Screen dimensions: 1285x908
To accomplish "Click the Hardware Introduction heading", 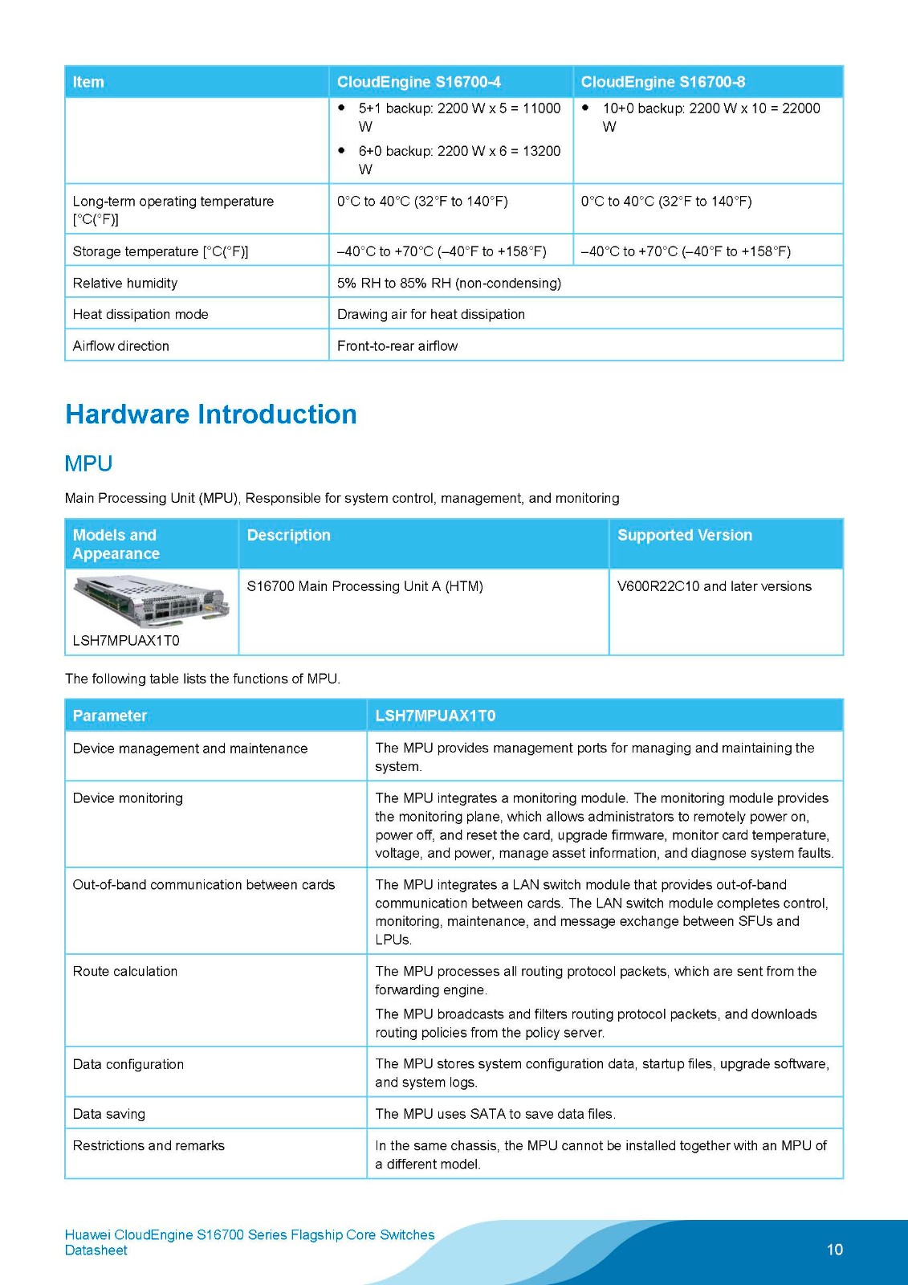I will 211,414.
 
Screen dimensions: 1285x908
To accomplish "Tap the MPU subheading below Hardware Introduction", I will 88,463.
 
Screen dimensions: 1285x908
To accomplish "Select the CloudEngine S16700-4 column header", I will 419,82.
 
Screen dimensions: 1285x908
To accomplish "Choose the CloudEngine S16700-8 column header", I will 663,82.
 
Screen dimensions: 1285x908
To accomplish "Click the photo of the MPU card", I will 151,601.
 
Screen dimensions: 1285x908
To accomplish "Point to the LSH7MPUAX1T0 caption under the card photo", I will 126,640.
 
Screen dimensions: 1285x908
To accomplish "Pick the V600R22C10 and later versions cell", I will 714,586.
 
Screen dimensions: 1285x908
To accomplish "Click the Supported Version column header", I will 685,535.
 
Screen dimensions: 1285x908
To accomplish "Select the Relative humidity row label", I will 125,283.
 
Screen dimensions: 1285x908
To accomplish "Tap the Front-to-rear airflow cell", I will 397,346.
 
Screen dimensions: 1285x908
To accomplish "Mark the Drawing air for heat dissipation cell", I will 431,314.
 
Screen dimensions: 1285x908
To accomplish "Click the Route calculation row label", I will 125,971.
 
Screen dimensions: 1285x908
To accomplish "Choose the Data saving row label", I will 109,1114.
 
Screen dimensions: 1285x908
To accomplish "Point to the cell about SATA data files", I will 495,1114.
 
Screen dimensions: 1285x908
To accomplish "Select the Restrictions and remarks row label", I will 149,1145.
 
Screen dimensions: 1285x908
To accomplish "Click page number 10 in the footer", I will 835,1249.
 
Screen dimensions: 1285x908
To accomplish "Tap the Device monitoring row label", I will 128,798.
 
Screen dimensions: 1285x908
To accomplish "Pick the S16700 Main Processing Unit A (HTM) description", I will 364,586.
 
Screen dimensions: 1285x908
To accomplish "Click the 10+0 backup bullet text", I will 711,116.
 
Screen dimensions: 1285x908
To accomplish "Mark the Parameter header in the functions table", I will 110,716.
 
